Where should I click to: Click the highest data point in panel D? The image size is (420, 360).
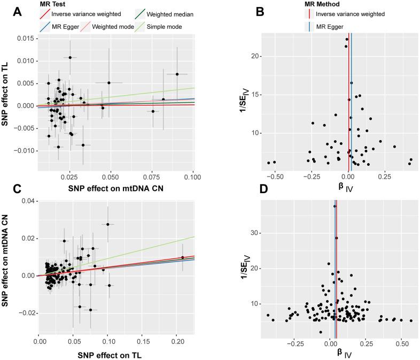tap(335, 206)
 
